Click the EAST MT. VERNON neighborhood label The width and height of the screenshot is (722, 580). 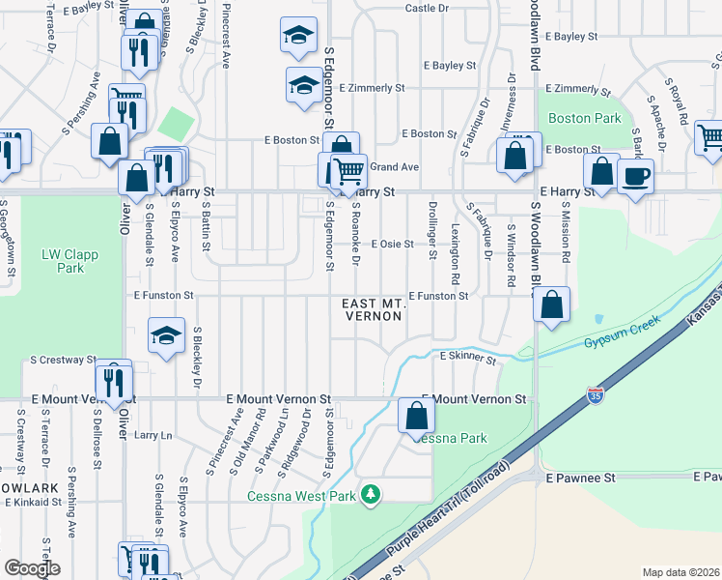click(373, 310)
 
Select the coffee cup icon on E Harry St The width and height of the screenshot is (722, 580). click(636, 177)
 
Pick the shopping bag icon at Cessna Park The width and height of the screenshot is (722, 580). click(417, 417)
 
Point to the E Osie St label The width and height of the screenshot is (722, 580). click(392, 244)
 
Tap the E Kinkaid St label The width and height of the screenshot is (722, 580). click(33, 502)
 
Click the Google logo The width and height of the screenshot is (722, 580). click(32, 568)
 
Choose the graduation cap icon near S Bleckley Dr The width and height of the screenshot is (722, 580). click(166, 336)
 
